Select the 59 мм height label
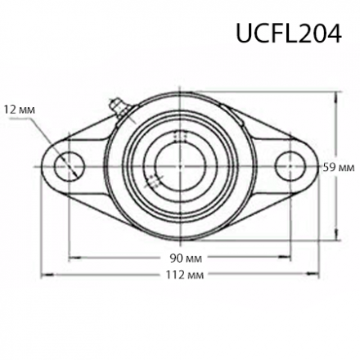(x=339, y=167)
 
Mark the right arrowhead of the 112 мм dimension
(x=313, y=275)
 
